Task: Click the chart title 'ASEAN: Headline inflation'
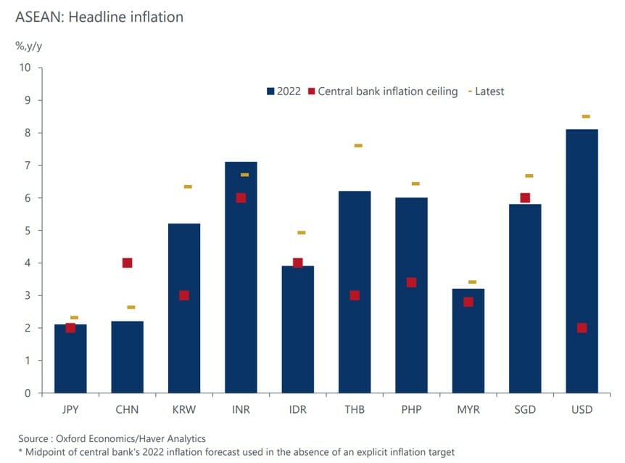pyautogui.click(x=100, y=17)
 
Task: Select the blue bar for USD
pyautogui.click(x=581, y=261)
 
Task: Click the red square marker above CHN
pyautogui.click(x=127, y=263)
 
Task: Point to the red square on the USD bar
pyautogui.click(x=581, y=328)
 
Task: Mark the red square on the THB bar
pyautogui.click(x=355, y=295)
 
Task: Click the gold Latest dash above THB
pyautogui.click(x=358, y=146)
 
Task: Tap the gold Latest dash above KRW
pyautogui.click(x=188, y=187)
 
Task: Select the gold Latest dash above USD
pyautogui.click(x=586, y=116)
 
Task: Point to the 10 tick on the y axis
pyautogui.click(x=25, y=67)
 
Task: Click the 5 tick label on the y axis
pyautogui.click(x=28, y=231)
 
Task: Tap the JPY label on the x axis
pyautogui.click(x=70, y=409)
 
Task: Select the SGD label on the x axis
pyautogui.click(x=525, y=409)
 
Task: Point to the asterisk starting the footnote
pyautogui.click(x=21, y=451)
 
